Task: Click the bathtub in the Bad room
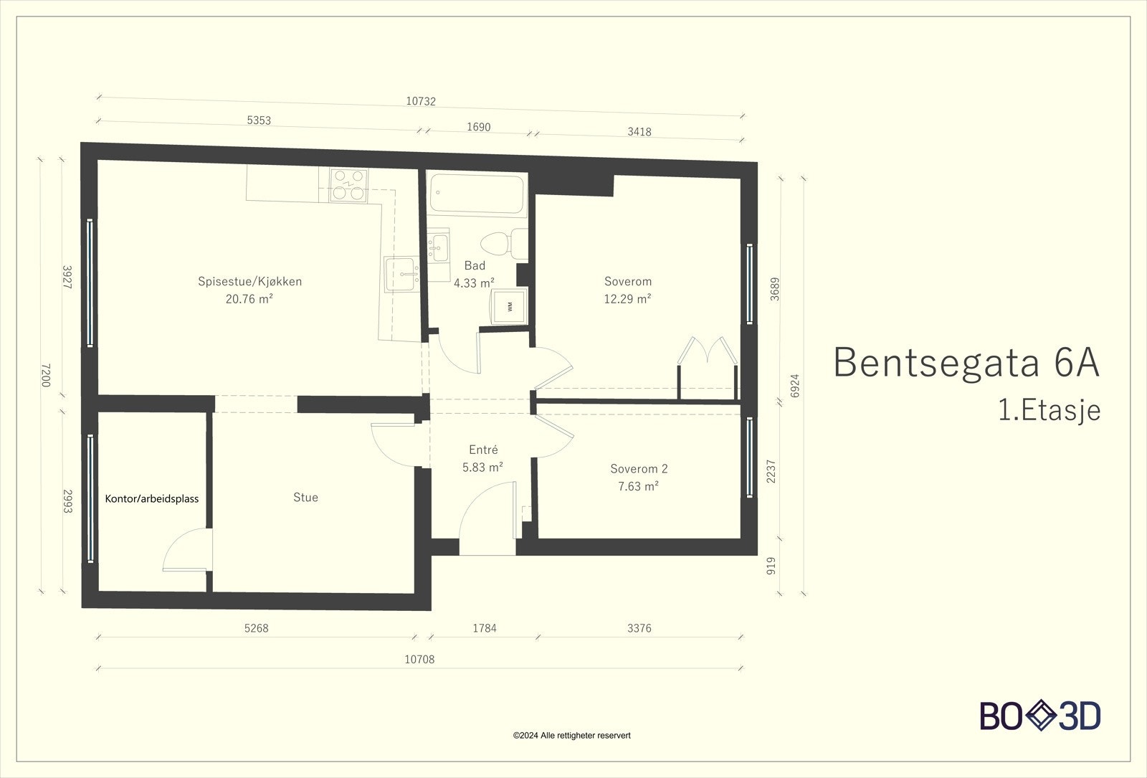(x=477, y=194)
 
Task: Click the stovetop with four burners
(x=349, y=185)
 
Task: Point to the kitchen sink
(x=402, y=274)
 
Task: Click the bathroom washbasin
(x=438, y=248)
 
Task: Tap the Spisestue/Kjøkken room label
(x=250, y=281)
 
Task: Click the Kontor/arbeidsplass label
(x=151, y=499)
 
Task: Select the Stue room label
(x=305, y=498)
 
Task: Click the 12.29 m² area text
(x=627, y=298)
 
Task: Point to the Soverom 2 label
(x=639, y=469)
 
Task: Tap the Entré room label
(x=483, y=449)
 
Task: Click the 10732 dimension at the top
(x=421, y=101)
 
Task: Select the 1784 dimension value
(x=485, y=628)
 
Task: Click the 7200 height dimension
(x=46, y=376)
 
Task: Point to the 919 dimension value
(x=771, y=566)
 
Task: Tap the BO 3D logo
(x=1040, y=716)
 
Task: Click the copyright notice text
(x=572, y=736)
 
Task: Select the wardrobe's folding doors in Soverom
(x=707, y=351)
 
